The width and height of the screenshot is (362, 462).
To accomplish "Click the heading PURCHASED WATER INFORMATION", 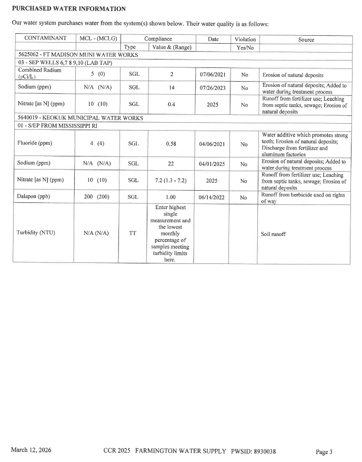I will (68, 9).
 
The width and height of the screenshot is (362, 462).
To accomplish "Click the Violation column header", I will (244, 39).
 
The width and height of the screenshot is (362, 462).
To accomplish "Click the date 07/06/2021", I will (213, 75).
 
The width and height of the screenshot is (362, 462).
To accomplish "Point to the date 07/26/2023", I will (213, 88).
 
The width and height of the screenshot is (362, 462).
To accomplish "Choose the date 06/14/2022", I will (213, 198).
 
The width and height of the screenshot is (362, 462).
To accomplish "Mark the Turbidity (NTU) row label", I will (36, 233).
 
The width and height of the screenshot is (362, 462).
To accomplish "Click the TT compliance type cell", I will (134, 233).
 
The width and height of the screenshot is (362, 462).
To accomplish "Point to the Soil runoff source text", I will (274, 233).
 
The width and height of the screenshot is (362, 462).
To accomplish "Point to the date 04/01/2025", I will (213, 164).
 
